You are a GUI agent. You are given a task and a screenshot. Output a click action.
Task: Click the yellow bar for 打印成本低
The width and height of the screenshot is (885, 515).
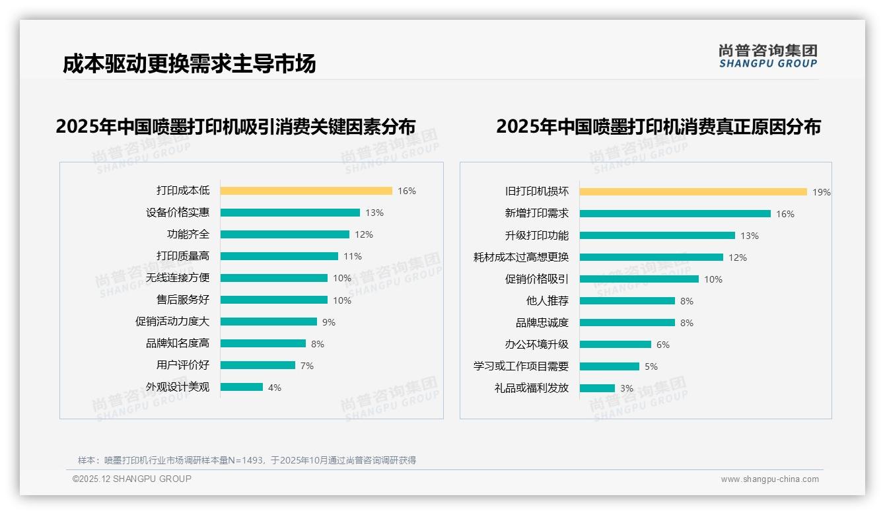click(306, 191)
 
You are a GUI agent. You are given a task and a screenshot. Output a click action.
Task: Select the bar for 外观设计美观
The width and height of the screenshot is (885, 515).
click(242, 387)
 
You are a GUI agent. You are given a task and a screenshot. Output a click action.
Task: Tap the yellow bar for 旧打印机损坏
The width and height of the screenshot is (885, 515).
click(693, 191)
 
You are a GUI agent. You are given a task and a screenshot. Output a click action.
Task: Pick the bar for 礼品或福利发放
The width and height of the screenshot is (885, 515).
click(597, 388)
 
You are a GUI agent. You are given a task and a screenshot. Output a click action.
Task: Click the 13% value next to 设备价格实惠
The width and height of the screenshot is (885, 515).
click(374, 213)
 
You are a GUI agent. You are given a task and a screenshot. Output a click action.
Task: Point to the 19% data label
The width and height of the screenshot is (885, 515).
click(822, 192)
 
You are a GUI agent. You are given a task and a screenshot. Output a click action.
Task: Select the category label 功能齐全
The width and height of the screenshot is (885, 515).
click(188, 234)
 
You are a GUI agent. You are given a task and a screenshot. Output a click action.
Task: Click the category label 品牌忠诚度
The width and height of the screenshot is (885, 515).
click(542, 323)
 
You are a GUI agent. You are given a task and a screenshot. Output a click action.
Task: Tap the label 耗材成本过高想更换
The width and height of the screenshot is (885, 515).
click(520, 257)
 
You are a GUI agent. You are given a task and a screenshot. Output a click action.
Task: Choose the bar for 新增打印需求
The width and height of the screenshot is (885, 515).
click(675, 213)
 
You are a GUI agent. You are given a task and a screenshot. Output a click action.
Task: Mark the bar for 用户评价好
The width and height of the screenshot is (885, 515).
click(258, 365)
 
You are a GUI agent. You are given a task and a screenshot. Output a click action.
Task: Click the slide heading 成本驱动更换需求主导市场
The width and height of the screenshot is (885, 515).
click(189, 63)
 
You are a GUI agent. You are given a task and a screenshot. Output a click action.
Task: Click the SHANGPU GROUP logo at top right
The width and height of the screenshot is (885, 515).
click(767, 56)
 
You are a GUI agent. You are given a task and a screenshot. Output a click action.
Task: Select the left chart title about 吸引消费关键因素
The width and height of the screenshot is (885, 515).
click(236, 126)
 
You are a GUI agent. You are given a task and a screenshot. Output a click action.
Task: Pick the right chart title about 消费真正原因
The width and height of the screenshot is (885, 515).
click(658, 126)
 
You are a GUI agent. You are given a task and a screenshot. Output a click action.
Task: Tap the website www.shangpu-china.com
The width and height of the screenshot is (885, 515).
click(769, 479)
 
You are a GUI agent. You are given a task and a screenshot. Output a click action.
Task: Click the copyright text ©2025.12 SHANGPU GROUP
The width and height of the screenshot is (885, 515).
click(132, 479)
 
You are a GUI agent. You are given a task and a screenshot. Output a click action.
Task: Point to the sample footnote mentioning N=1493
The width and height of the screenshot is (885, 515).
click(247, 460)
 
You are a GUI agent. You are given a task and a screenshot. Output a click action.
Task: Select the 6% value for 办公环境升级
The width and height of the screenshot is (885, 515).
click(663, 345)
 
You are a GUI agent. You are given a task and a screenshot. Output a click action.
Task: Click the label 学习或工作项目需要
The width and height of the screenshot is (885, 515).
click(520, 366)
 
